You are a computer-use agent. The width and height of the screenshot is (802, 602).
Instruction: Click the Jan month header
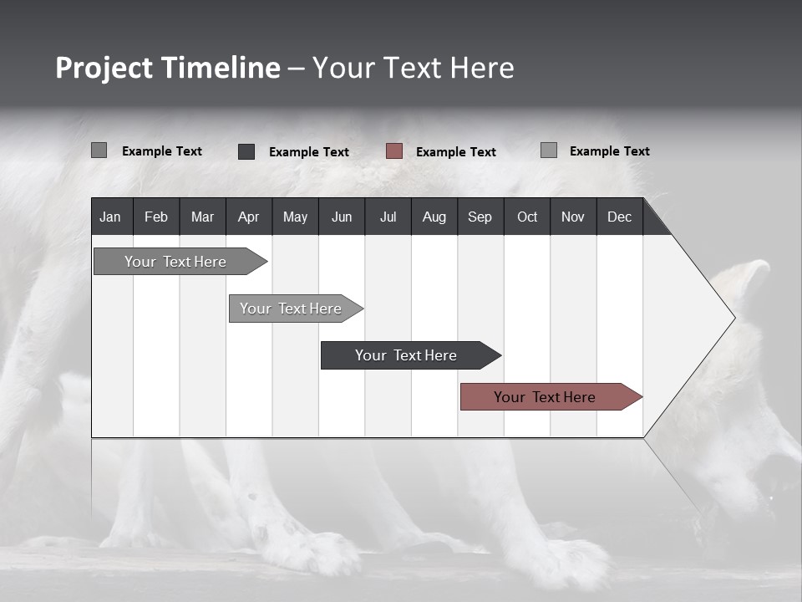pos(110,217)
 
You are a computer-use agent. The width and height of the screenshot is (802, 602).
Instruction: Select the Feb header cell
pos(156,217)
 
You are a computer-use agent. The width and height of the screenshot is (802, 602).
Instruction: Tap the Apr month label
pos(248,217)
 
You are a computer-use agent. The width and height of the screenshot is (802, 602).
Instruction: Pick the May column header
pos(295,217)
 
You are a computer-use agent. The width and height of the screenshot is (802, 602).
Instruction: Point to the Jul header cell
pos(388,217)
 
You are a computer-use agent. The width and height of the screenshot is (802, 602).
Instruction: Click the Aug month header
pos(434,217)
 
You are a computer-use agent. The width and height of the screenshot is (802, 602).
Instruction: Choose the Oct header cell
pos(527,217)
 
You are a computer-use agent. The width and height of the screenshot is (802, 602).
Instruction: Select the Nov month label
pos(573,217)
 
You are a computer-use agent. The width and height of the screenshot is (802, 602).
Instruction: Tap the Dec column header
pos(619,217)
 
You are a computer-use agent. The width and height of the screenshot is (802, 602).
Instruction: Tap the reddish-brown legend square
pos(394,151)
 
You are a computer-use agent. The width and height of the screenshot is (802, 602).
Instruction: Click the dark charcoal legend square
pos(246,151)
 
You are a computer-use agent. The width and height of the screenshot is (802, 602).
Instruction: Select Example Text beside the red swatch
pos(455,152)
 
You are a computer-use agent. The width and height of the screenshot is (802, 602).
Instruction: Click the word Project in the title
pos(104,68)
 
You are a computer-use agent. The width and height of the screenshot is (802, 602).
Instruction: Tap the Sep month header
pos(480,217)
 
